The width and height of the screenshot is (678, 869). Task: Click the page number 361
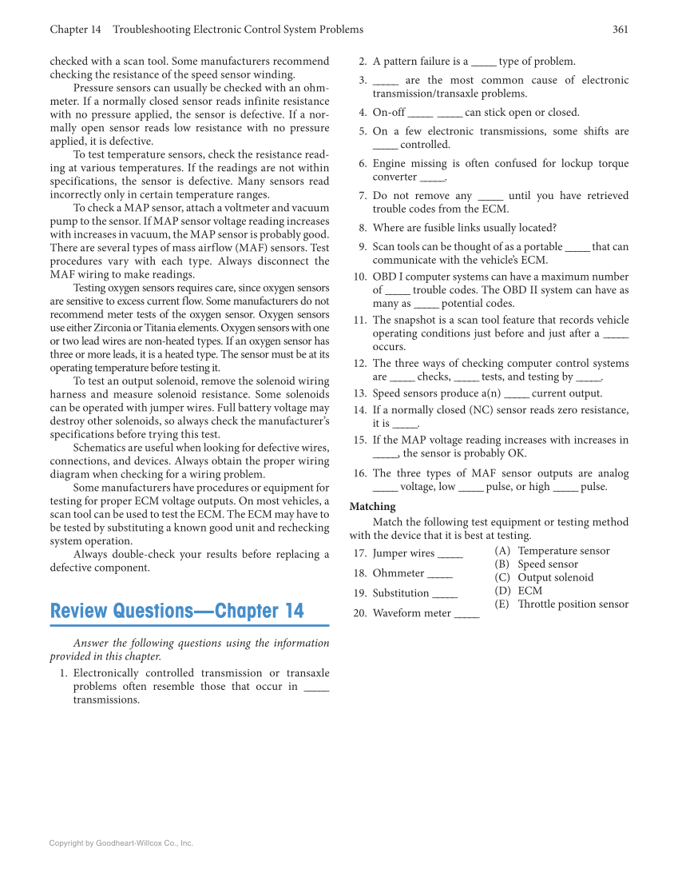[x=620, y=30]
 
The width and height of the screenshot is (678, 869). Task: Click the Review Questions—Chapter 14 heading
[x=176, y=612]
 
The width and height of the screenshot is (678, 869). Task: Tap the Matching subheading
[x=372, y=506]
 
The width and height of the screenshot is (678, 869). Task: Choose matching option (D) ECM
[x=518, y=591]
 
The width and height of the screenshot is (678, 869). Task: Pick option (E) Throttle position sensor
[x=561, y=604]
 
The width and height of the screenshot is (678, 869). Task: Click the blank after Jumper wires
[x=450, y=554]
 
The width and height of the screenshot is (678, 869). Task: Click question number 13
[x=359, y=393]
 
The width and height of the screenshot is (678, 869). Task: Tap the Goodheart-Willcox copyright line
[x=121, y=843]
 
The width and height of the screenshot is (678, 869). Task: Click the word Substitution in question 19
[x=401, y=593]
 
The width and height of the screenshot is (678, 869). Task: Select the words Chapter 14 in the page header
[x=75, y=30]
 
